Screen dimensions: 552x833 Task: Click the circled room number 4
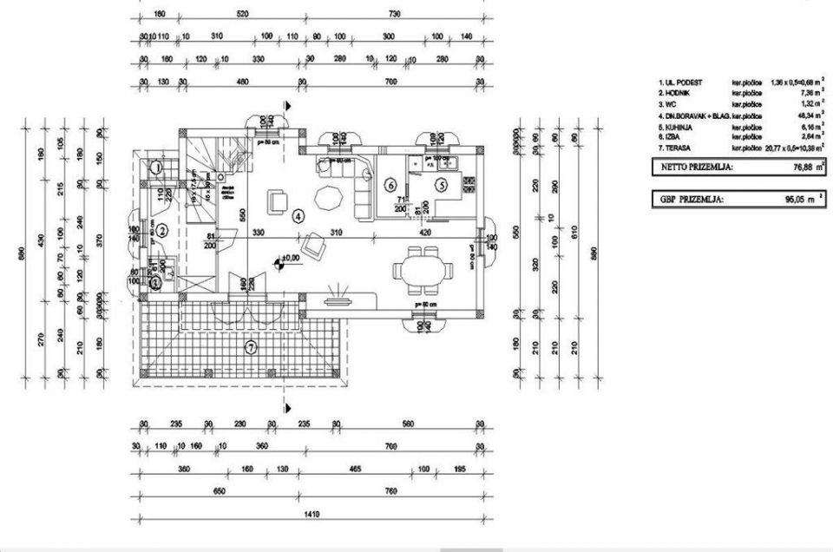click(x=298, y=214)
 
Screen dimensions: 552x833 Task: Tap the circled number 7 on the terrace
click(x=251, y=348)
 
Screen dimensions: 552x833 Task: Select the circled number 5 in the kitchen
click(x=441, y=184)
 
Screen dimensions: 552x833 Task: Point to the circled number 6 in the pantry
click(x=390, y=184)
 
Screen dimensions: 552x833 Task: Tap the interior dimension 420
click(x=424, y=233)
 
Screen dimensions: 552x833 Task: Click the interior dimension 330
click(x=259, y=233)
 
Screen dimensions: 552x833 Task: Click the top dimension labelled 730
click(x=394, y=14)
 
